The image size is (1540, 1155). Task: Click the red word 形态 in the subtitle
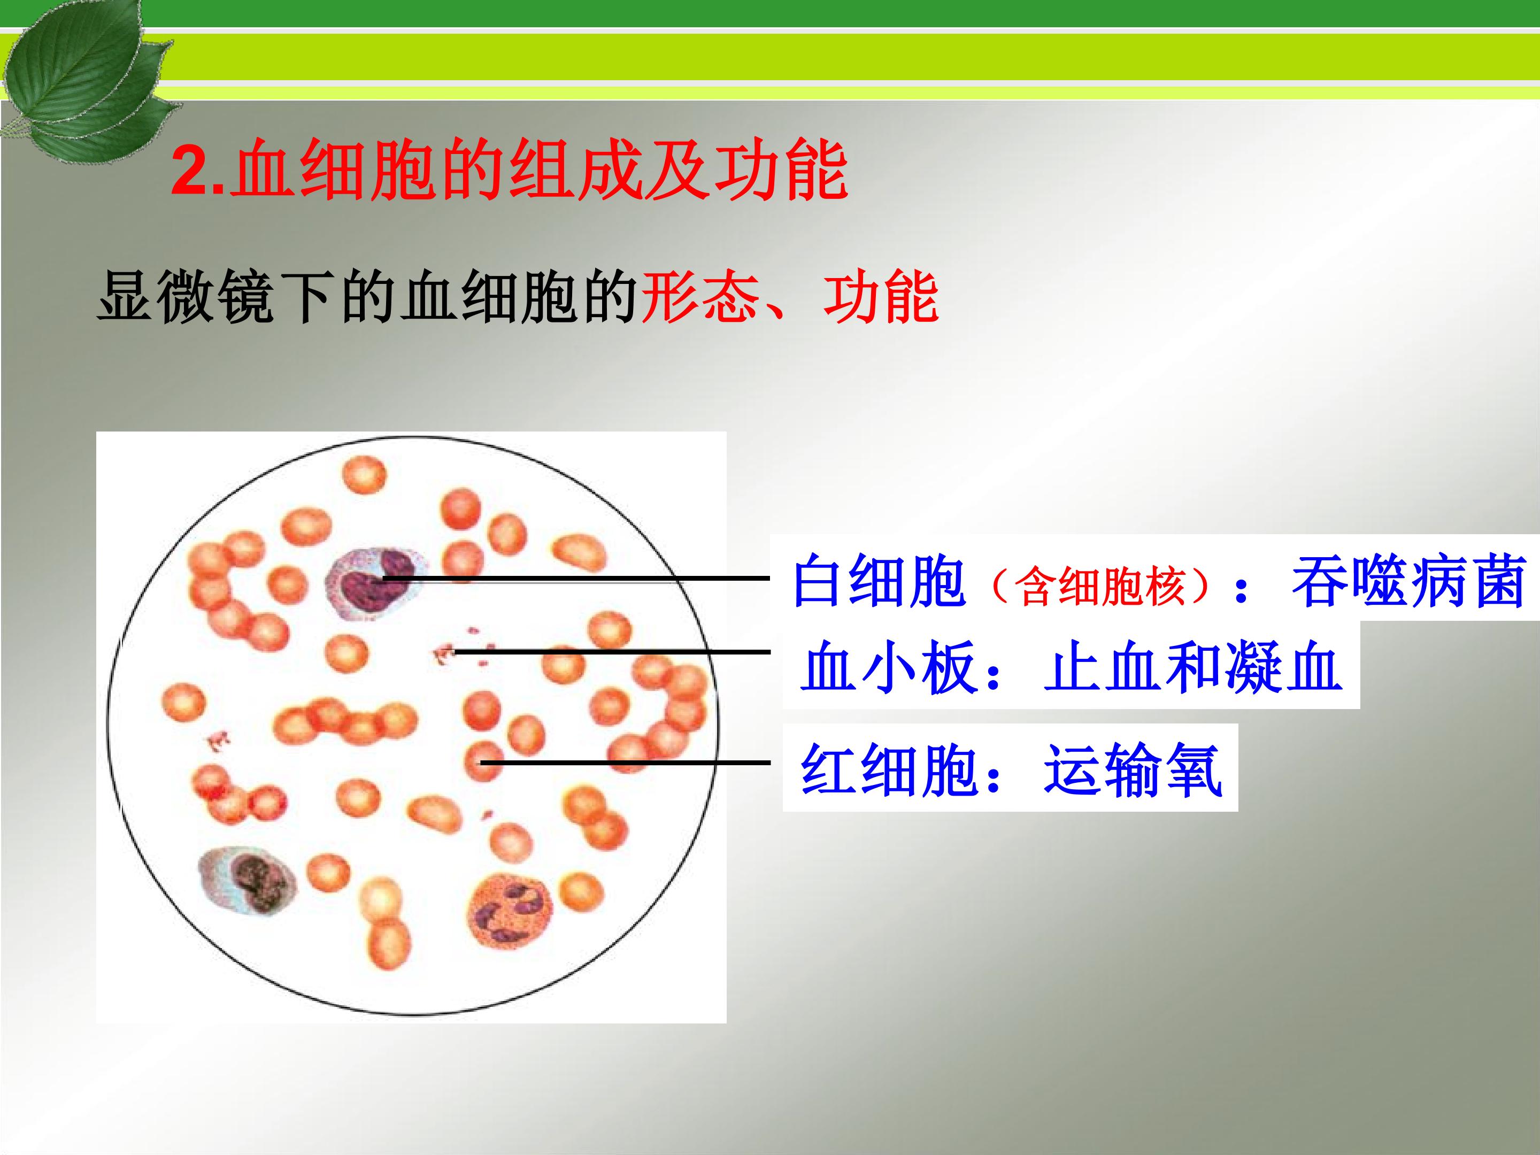click(698, 297)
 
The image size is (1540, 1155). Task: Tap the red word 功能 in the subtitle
click(881, 297)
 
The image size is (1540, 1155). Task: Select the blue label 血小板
click(887, 667)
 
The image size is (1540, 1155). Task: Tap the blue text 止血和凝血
click(1192, 667)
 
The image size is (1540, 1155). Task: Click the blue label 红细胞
click(887, 770)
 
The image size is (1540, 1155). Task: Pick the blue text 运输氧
click(1132, 770)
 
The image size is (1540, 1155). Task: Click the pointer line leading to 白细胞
click(576, 578)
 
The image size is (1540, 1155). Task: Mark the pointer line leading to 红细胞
click(626, 763)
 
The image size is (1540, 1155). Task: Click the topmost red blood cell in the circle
click(364, 475)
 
